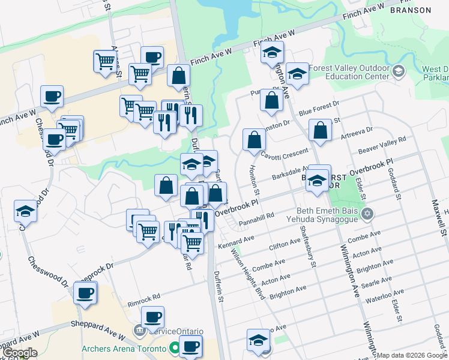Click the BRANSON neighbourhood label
tap(411, 10)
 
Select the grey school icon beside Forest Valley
tap(398, 73)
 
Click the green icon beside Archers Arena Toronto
tap(174, 348)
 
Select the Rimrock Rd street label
tap(144, 296)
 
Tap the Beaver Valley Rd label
tap(382, 145)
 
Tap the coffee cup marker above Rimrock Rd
tap(85, 293)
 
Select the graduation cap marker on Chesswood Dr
tap(26, 212)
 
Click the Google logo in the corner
tap(19, 353)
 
